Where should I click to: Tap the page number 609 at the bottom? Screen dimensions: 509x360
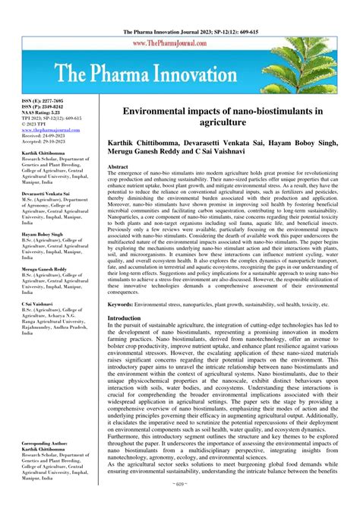179,503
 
